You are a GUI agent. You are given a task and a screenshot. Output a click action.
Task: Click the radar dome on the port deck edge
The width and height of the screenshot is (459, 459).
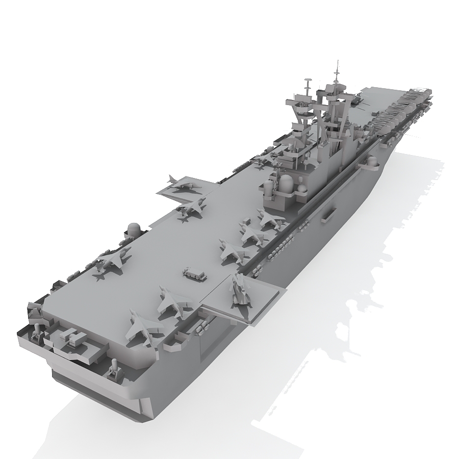coord(134,229)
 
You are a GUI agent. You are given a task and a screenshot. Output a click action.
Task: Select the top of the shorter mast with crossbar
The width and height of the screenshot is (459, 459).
coord(308,80)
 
